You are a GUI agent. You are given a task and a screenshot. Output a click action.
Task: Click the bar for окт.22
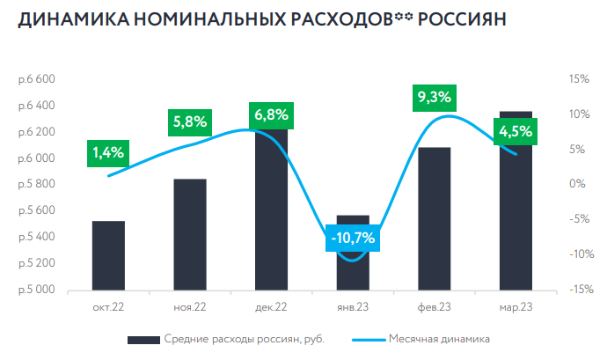pyautogui.click(x=108, y=255)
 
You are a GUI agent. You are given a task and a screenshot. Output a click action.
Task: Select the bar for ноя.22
pyautogui.click(x=190, y=234)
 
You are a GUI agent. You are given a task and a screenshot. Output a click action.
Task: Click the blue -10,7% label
pyautogui.click(x=352, y=238)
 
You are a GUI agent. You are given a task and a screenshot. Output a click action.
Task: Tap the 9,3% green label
pyautogui.click(x=435, y=97)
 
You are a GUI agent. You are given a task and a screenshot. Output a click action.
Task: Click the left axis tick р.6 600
pyautogui.click(x=36, y=79)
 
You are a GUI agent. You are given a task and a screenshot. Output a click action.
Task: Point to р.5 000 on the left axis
pyautogui.click(x=36, y=290)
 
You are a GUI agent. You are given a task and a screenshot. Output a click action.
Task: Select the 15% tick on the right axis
pyautogui.click(x=578, y=79)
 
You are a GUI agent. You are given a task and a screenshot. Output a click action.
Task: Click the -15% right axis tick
pyautogui.click(x=576, y=290)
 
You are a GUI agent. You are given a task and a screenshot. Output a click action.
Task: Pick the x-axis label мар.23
pyautogui.click(x=516, y=306)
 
